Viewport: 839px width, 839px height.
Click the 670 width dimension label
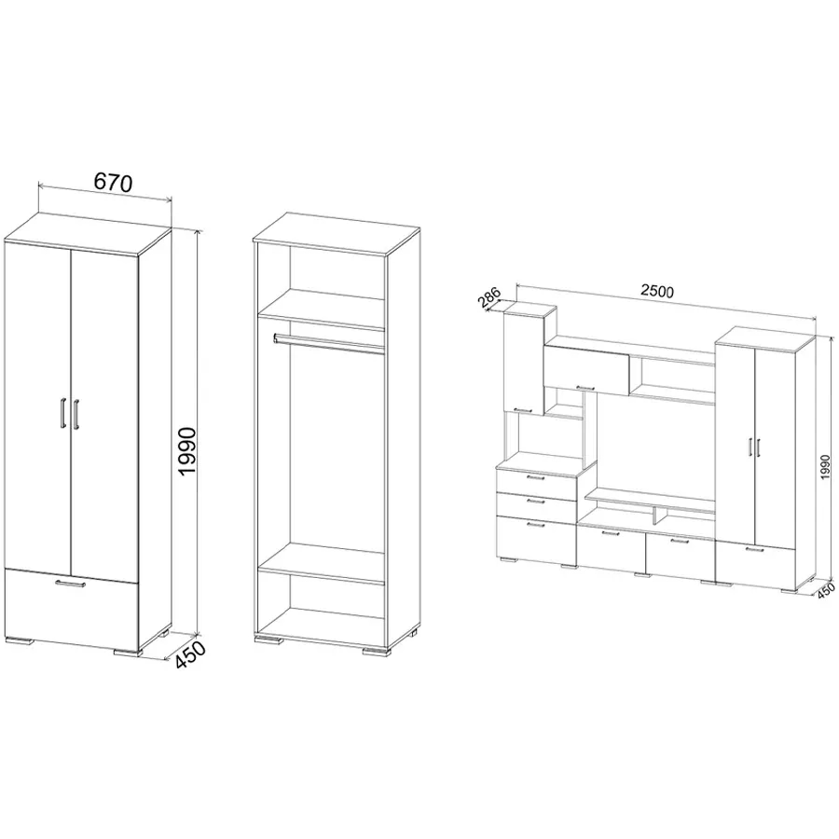click(113, 183)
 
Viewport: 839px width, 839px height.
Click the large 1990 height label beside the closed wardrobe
click(188, 451)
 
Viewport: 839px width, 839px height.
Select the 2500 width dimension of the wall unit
click(657, 291)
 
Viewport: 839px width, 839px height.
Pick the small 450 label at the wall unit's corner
click(826, 589)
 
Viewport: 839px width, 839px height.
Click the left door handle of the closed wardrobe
click(63, 413)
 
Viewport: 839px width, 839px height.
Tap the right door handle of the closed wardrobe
click(76, 413)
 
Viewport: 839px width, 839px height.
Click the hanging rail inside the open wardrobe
click(328, 343)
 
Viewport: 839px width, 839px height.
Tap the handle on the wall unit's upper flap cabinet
click(585, 388)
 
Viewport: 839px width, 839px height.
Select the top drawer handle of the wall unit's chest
click(535, 477)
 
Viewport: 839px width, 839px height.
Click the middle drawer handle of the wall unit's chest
click(535, 502)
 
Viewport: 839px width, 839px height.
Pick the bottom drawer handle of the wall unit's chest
click(535, 526)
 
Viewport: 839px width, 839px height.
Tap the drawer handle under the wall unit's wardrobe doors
click(755, 549)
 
